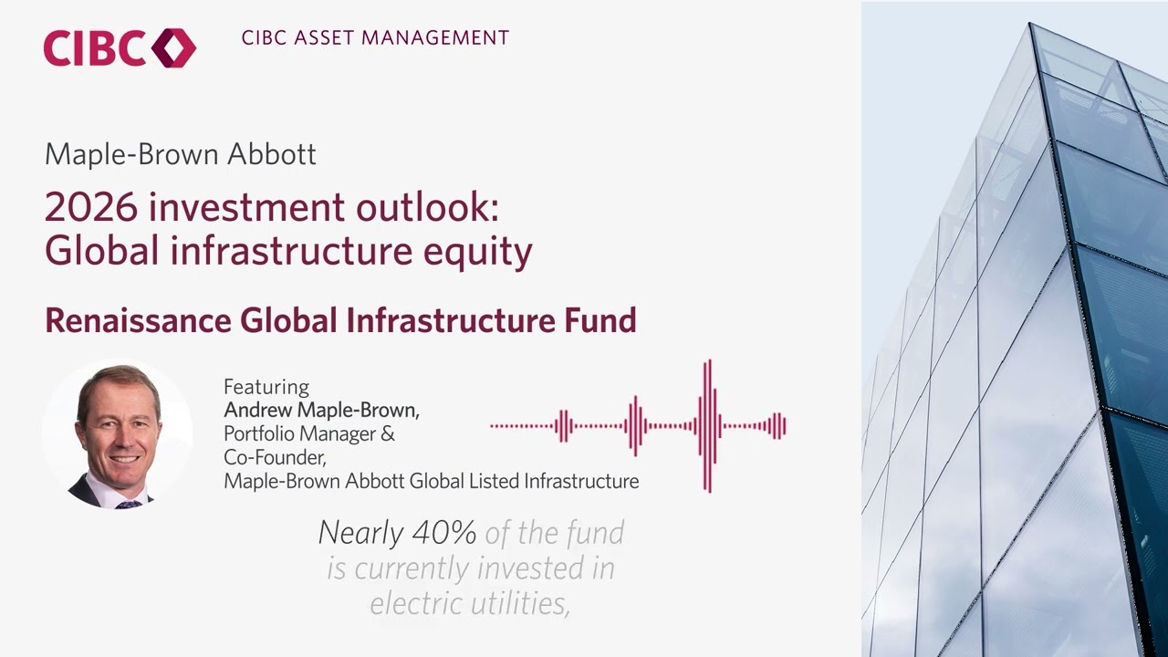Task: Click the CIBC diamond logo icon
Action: coord(173,47)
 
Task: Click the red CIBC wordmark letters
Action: coord(94,48)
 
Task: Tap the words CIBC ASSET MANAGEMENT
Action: coord(375,38)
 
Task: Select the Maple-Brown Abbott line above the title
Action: coord(180,154)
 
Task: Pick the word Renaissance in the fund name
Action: coord(138,320)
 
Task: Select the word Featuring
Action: coord(266,387)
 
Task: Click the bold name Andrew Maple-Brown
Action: coord(321,410)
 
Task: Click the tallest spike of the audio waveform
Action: coord(707,425)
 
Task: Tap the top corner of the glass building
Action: coord(1031,25)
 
